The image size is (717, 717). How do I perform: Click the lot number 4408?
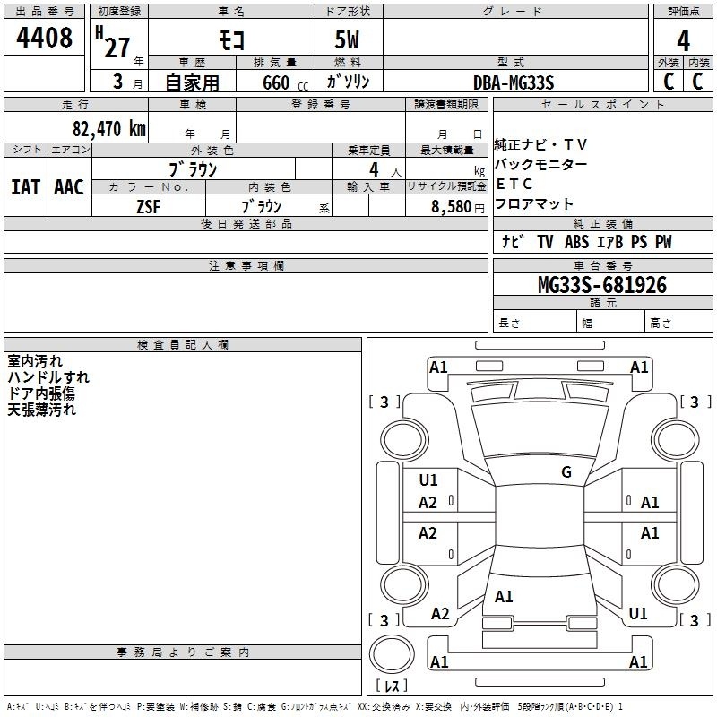(44, 37)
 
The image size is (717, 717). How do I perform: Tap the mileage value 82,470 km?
(109, 128)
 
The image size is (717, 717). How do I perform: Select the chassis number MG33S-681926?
(602, 285)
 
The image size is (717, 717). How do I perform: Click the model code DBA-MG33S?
(514, 82)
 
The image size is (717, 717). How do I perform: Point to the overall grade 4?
(683, 41)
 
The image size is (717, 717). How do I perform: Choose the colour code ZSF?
(149, 207)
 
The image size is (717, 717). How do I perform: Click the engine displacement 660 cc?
(285, 82)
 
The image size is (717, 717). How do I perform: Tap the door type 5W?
(347, 39)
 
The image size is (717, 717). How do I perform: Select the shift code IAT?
(26, 187)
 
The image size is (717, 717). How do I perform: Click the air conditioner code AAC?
(69, 187)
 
